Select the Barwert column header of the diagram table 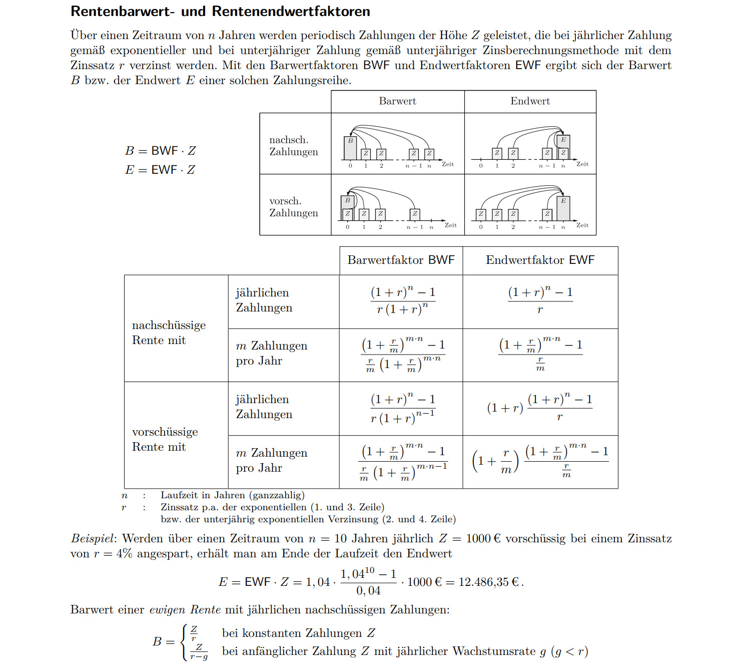pyautogui.click(x=397, y=101)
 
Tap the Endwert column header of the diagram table pyautogui.click(x=530, y=101)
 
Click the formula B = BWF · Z pyautogui.click(x=160, y=151)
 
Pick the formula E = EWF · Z pyautogui.click(x=160, y=170)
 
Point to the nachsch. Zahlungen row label pyautogui.click(x=294, y=146)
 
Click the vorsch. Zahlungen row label pyautogui.click(x=294, y=207)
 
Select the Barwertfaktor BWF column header pyautogui.click(x=401, y=260)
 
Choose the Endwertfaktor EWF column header pyautogui.click(x=540, y=260)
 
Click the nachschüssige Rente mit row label pyautogui.click(x=169, y=332)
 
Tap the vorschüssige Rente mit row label pyautogui.click(x=165, y=439)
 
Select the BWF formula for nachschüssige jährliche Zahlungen pyautogui.click(x=403, y=300)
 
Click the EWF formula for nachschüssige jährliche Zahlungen pyautogui.click(x=540, y=300)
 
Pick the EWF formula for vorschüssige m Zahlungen pyautogui.click(x=540, y=461)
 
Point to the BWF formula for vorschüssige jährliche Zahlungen pyautogui.click(x=403, y=408)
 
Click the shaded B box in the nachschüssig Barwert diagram pyautogui.click(x=350, y=148)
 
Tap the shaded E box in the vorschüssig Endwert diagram pyautogui.click(x=563, y=208)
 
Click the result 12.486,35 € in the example pyautogui.click(x=488, y=582)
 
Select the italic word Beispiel pyautogui.click(x=93, y=539)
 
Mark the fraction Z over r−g pyautogui.click(x=199, y=651)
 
